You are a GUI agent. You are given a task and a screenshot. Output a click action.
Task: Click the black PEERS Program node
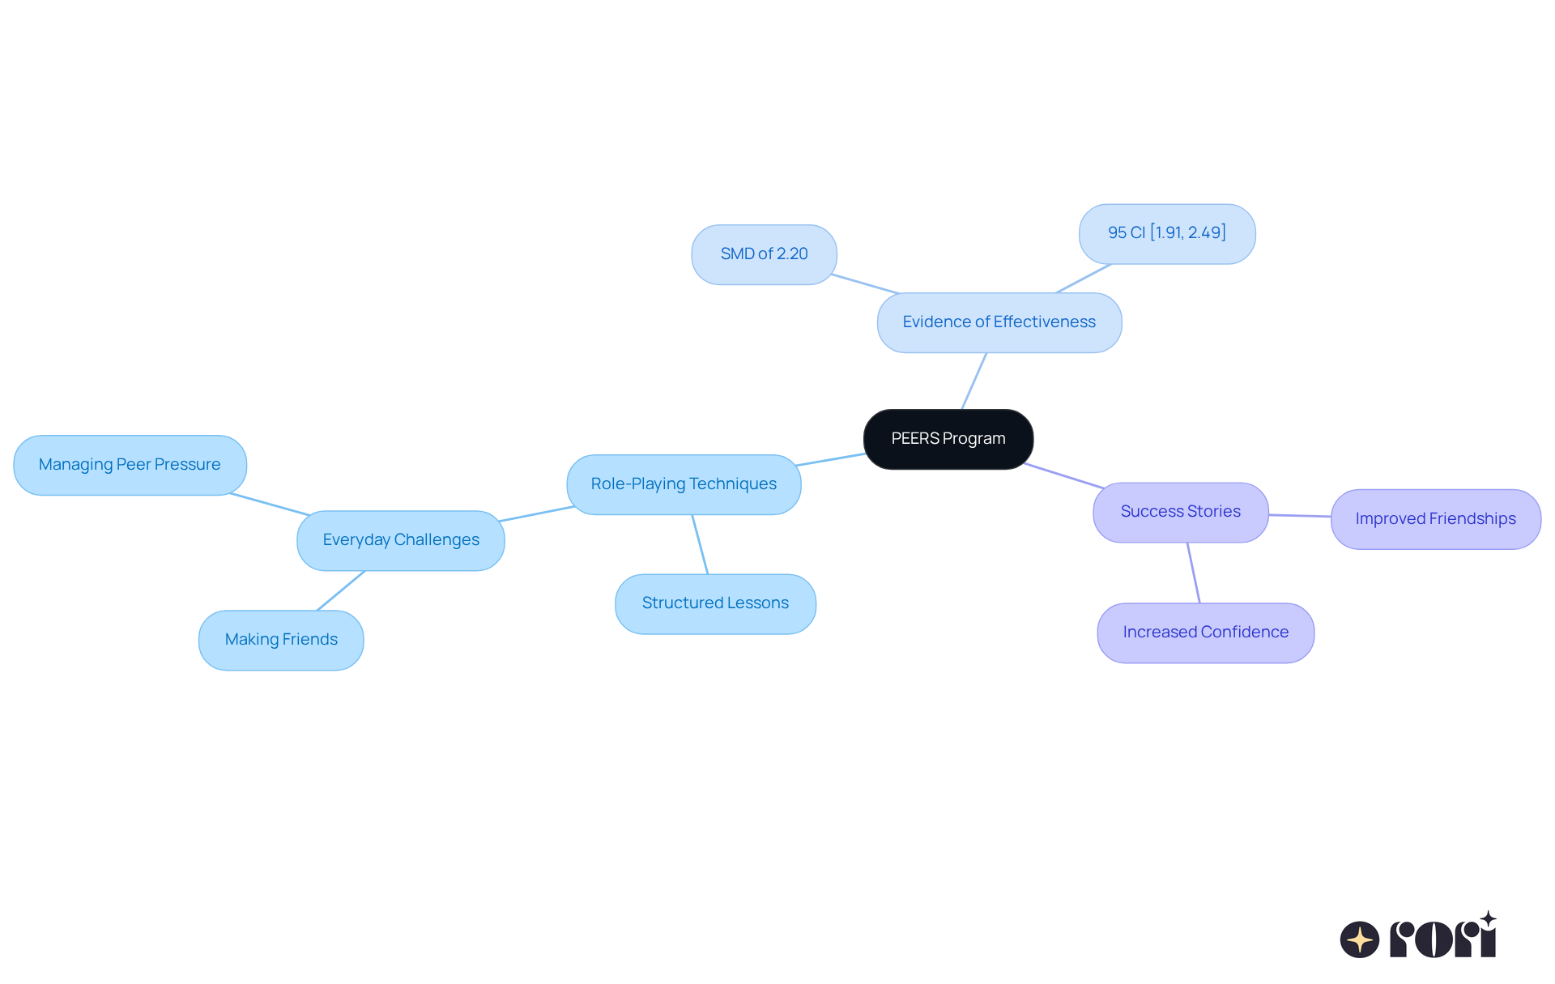point(948,439)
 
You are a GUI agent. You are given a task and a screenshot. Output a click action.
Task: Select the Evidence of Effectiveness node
point(999,322)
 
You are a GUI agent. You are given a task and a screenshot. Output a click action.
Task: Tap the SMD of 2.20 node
point(764,254)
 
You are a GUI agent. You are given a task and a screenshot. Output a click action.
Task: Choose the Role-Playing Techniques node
point(684,484)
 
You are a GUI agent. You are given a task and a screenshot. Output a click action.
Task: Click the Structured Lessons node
point(715,603)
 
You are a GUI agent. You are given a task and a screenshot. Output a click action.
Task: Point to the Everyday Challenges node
point(401,540)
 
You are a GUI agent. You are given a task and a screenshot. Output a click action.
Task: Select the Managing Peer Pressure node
point(130,465)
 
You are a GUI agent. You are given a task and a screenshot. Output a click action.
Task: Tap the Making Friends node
point(281,640)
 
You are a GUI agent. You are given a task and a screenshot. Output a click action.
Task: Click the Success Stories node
point(1180,512)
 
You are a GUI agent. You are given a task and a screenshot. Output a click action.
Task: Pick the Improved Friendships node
point(1435,519)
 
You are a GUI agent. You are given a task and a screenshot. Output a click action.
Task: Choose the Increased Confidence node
point(1205,633)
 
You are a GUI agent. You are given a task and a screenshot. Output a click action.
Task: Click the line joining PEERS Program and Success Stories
point(1064,475)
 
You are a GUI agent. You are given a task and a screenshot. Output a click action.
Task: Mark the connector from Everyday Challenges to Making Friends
point(341,590)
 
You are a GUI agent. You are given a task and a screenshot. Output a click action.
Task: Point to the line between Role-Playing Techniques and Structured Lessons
point(700,544)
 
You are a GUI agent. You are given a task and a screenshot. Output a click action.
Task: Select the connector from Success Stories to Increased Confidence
point(1193,573)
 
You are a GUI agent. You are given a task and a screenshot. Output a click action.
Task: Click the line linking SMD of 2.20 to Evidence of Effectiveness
point(865,283)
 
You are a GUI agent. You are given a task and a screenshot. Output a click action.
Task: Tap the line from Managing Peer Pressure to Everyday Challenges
point(271,504)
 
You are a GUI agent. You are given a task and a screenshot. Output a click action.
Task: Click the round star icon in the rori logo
point(1359,939)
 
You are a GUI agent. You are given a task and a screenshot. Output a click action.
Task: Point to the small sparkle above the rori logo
point(1488,919)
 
